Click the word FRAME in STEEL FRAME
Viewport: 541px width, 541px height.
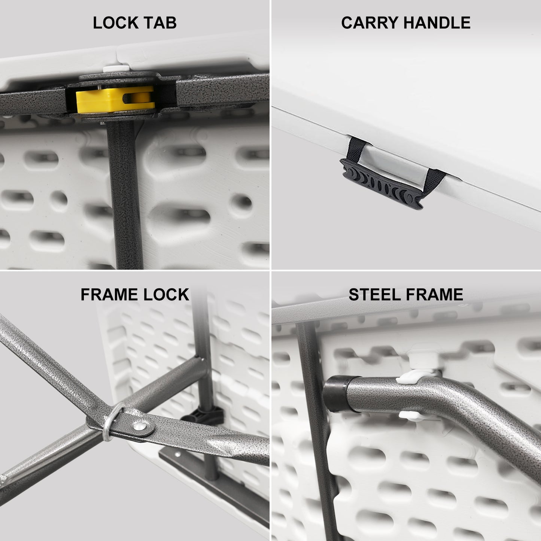(434, 295)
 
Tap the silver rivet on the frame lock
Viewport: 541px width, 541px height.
(140, 426)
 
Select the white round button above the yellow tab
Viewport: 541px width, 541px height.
(116, 69)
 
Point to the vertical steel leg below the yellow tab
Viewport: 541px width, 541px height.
(125, 194)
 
